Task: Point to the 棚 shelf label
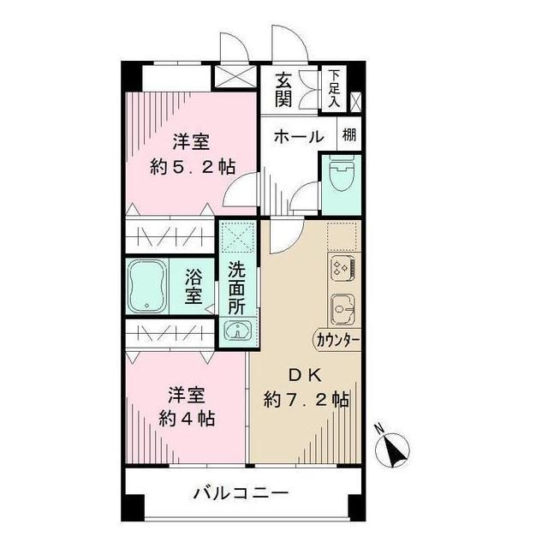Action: pyautogui.click(x=349, y=134)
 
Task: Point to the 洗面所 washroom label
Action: pyautogui.click(x=236, y=287)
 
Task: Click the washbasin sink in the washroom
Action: pyautogui.click(x=236, y=331)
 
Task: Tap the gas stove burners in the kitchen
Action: pyautogui.click(x=342, y=268)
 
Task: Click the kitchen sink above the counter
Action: pyautogui.click(x=343, y=307)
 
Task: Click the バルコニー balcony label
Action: pyautogui.click(x=240, y=494)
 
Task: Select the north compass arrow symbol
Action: pyautogui.click(x=395, y=448)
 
